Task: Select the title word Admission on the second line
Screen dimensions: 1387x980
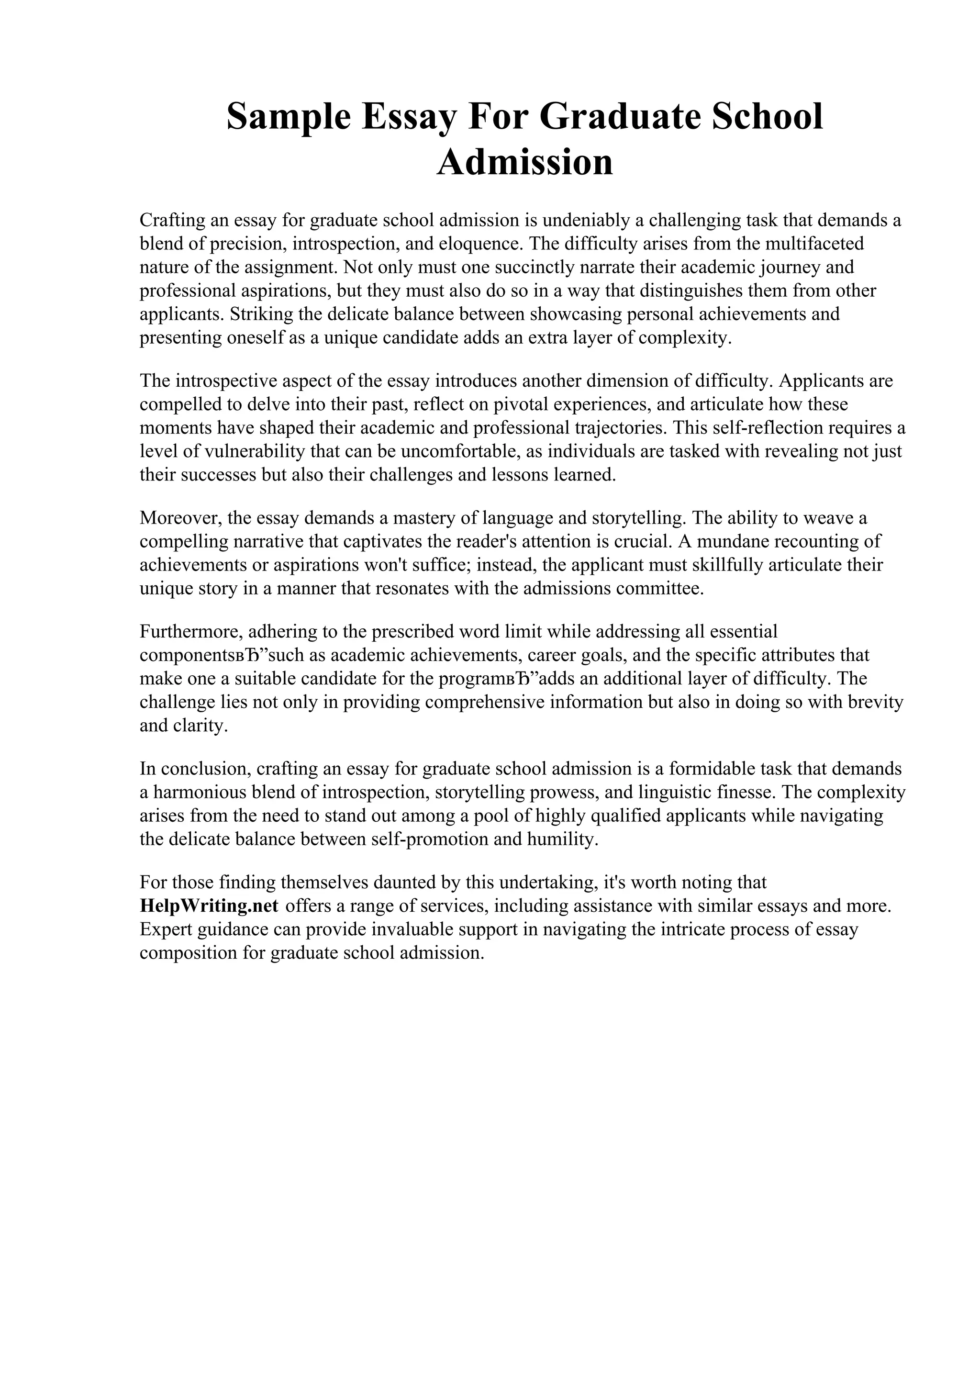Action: point(524,163)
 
